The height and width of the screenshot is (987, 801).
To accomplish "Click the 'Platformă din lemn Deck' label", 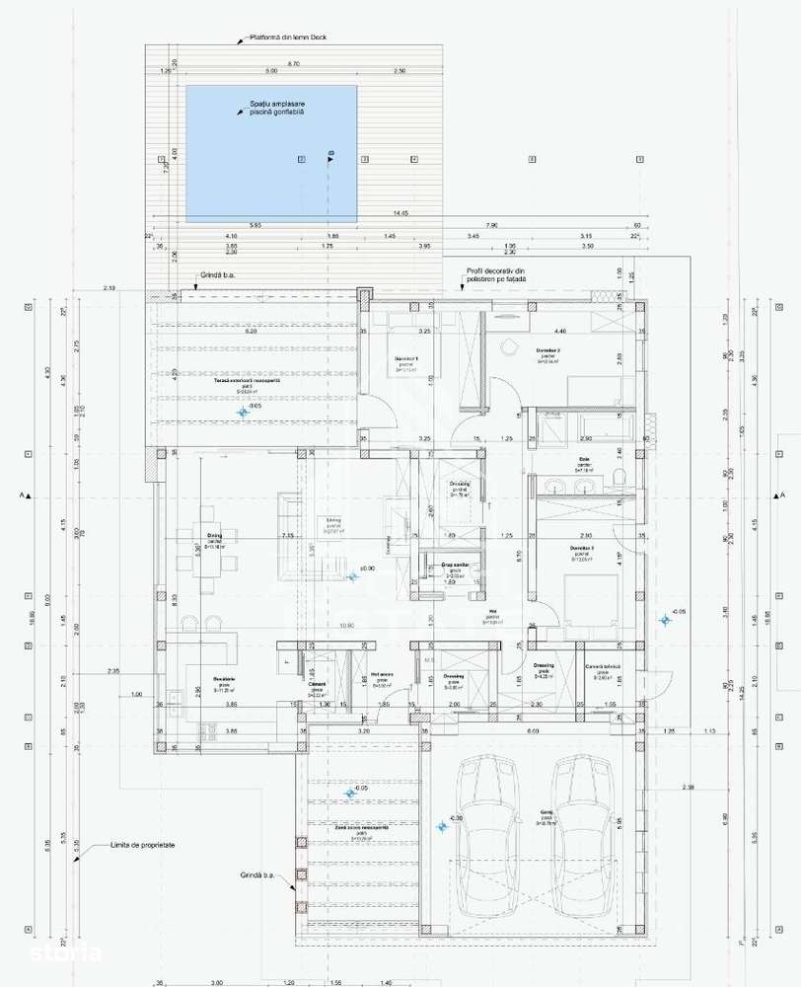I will click(x=289, y=38).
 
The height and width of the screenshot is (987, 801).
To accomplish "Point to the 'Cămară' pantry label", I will click(x=317, y=684).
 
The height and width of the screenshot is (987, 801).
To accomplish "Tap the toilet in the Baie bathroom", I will click(x=618, y=480).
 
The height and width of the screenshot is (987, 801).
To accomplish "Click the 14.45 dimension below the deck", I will click(x=400, y=212).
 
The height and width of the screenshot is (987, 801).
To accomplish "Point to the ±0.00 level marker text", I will click(x=366, y=569).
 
